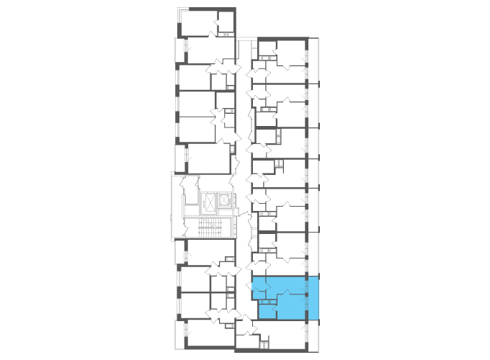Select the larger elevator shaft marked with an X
[210, 202]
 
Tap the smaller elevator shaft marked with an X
[225, 199]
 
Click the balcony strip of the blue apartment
[313, 297]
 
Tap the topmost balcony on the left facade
[179, 50]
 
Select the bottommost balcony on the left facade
[179, 334]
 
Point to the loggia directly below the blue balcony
[313, 335]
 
